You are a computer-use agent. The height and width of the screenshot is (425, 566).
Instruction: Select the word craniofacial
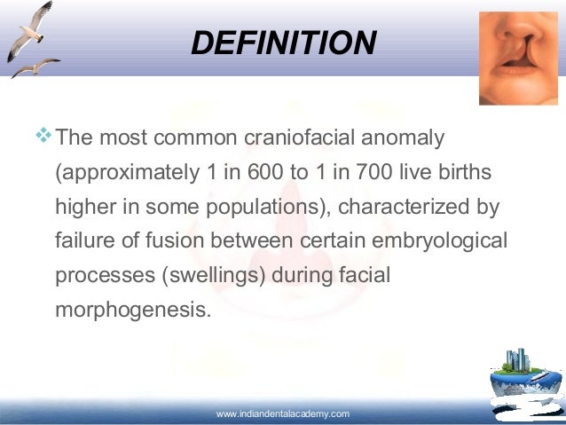264,139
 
